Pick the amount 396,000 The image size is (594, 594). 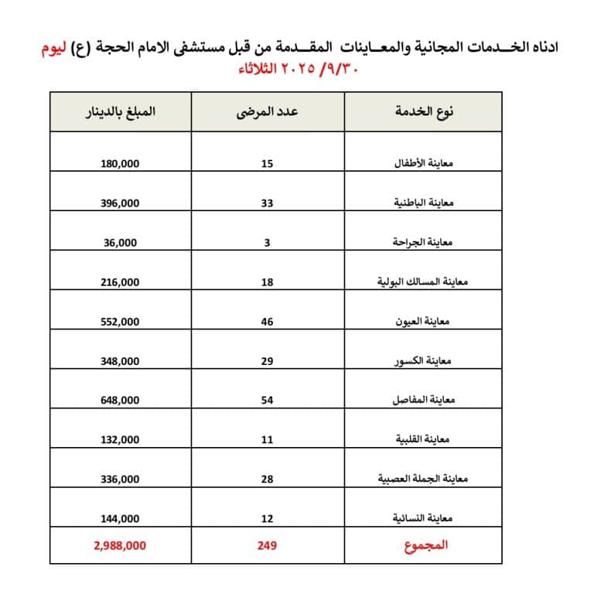(x=120, y=203)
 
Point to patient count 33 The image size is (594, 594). (x=268, y=203)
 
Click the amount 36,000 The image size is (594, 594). (x=120, y=242)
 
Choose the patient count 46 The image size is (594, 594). (x=268, y=322)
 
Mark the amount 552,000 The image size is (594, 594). (x=120, y=322)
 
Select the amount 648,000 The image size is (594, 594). (x=120, y=401)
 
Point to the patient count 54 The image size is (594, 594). (x=268, y=401)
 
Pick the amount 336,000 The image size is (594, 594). (x=120, y=480)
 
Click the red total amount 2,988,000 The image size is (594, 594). (x=119, y=545)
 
